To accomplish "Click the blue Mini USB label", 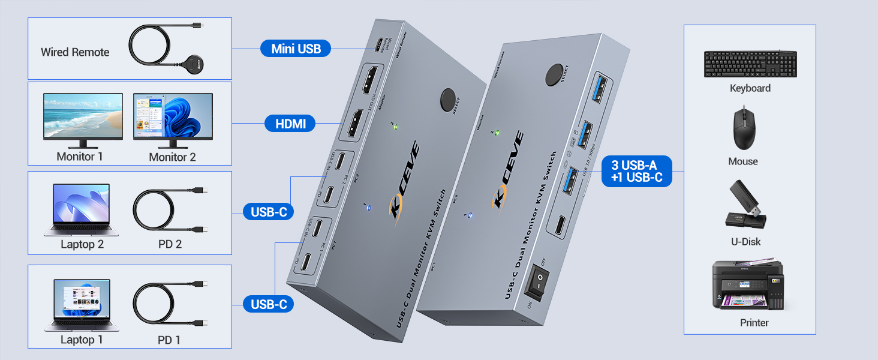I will click(296, 49).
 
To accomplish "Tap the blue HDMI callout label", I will click(291, 124).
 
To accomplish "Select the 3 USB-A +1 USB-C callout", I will click(637, 171).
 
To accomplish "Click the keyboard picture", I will click(750, 64).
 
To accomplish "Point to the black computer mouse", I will click(744, 128).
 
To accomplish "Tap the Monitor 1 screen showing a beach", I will click(83, 117).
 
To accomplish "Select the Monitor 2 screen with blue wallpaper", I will click(173, 117).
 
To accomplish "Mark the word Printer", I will click(754, 323).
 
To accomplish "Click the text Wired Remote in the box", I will click(75, 52).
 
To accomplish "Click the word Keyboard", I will click(750, 88).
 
